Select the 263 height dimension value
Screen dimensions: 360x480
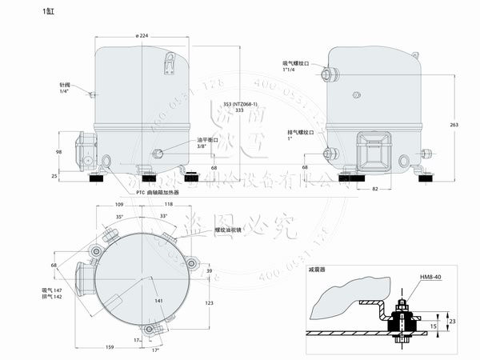point(454,125)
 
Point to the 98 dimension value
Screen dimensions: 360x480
point(59,152)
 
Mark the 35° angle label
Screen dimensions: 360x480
point(120,217)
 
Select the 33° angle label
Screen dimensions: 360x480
point(165,217)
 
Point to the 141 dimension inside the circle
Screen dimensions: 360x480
point(158,301)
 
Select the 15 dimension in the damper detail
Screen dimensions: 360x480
point(434,326)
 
